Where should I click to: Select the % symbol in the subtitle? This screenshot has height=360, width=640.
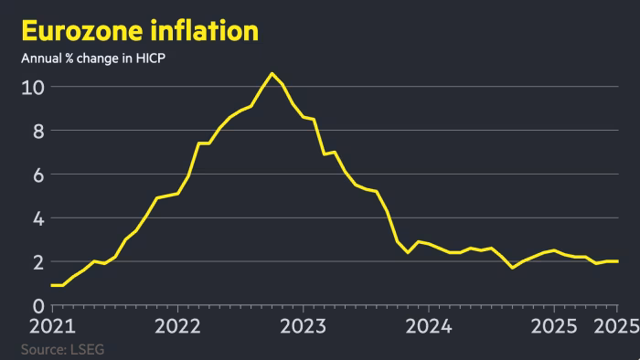tap(65, 59)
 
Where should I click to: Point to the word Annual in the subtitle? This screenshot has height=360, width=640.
tap(39, 59)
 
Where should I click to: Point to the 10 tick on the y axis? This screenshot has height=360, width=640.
tap(33, 88)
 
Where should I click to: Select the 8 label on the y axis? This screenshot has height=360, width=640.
tap(38, 132)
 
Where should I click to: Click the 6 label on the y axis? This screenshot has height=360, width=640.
tap(38, 175)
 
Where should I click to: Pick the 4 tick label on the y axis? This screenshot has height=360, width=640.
tap(38, 218)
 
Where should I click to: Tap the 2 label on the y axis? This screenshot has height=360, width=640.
tap(38, 262)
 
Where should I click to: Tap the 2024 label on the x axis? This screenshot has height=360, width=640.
tap(427, 326)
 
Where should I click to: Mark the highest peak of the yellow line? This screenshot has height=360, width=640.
tap(272, 73)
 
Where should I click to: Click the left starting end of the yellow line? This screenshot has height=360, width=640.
tap(52, 285)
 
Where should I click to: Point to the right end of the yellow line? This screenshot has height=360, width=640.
tap(617, 261)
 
